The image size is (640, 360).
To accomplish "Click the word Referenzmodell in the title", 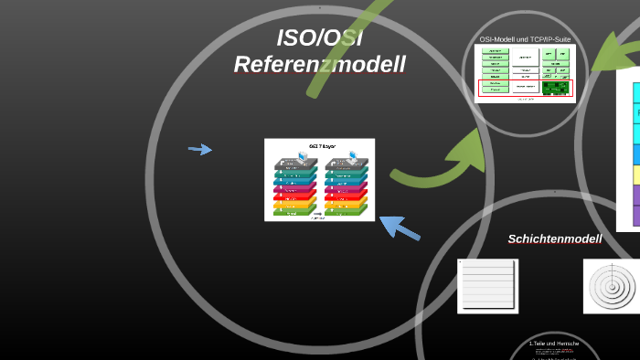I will pyautogui.click(x=319, y=65).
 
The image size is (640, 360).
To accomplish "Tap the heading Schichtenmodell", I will pyautogui.click(x=554, y=239).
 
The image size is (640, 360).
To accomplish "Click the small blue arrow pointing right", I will pyautogui.click(x=200, y=149).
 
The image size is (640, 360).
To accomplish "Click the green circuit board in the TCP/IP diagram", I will pyautogui.click(x=554, y=88).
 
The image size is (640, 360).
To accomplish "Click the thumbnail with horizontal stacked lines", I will pyautogui.click(x=487, y=286).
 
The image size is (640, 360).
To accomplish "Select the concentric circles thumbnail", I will pyautogui.click(x=611, y=285).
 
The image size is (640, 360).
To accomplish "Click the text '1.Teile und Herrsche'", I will pyautogui.click(x=554, y=344).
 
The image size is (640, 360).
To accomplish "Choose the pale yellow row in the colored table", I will pyautogui.click(x=635, y=175).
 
